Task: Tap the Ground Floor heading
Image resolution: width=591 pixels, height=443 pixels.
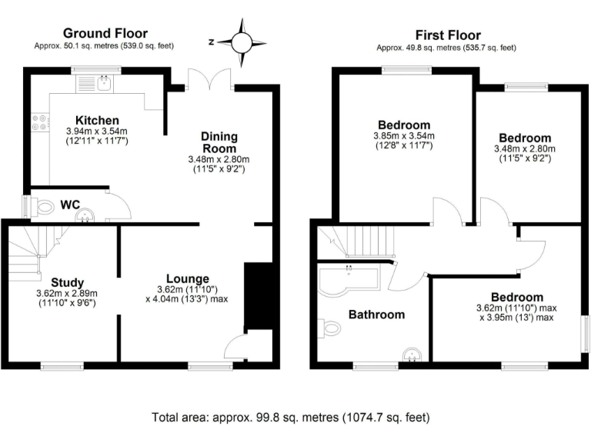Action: (105, 33)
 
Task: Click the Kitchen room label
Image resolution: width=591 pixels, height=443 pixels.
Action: (97, 121)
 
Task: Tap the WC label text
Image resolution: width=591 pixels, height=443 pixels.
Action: (70, 206)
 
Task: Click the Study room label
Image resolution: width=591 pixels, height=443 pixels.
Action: (68, 282)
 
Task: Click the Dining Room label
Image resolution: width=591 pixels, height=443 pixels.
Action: (219, 142)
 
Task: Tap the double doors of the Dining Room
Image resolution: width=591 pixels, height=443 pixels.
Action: (212, 80)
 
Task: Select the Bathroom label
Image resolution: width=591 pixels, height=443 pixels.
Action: (376, 315)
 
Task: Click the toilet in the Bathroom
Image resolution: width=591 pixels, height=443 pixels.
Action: (332, 328)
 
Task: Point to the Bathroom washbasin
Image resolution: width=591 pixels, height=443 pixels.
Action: (412, 355)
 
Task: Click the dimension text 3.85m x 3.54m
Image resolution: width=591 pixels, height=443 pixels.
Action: (402, 136)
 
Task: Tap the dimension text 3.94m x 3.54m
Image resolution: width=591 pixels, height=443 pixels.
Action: (97, 132)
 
